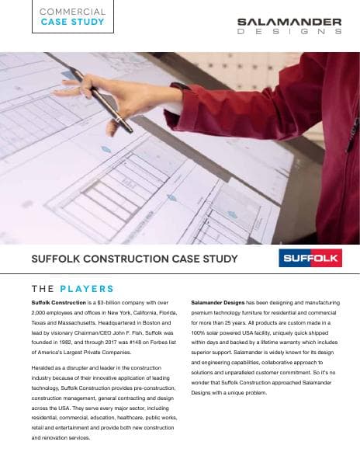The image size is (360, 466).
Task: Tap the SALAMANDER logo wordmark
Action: point(289,23)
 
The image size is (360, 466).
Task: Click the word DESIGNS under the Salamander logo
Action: point(289,33)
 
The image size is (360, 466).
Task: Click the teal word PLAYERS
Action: point(86,289)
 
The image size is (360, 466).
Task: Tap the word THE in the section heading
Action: point(43,289)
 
